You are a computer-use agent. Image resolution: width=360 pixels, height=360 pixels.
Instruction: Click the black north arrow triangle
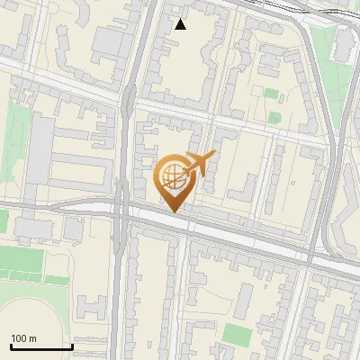[x=181, y=24]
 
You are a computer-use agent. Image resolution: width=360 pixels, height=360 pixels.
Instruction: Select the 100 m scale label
[x=23, y=338]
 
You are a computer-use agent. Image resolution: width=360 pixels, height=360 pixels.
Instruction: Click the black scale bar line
[x=41, y=346]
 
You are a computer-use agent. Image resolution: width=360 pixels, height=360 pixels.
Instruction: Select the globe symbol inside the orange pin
[x=173, y=176]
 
